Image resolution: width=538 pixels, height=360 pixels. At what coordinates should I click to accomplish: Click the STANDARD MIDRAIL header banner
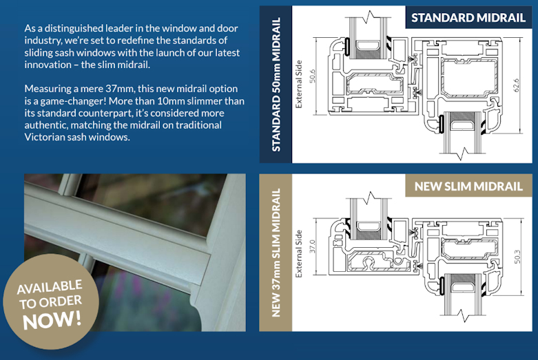(468, 17)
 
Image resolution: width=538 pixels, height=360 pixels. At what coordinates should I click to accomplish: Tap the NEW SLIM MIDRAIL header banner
(468, 186)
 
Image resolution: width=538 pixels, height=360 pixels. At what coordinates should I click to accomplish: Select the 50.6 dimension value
(312, 76)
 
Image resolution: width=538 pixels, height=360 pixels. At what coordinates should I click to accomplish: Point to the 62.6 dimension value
(517, 85)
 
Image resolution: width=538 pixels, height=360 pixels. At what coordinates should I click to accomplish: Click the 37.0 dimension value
(312, 246)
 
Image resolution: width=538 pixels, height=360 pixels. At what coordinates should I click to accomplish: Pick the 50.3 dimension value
(517, 257)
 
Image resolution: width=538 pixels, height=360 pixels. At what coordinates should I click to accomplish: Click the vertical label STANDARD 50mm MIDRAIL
(276, 85)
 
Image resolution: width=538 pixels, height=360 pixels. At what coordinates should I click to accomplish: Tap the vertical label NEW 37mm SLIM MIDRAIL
(276, 253)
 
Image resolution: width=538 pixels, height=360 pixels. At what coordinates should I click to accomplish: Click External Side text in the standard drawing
(299, 85)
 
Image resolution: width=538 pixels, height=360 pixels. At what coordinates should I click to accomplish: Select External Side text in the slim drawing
(299, 254)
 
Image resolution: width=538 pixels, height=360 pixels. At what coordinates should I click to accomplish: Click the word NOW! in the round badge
(52, 319)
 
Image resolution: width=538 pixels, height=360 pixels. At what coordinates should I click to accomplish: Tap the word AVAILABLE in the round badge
(50, 286)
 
